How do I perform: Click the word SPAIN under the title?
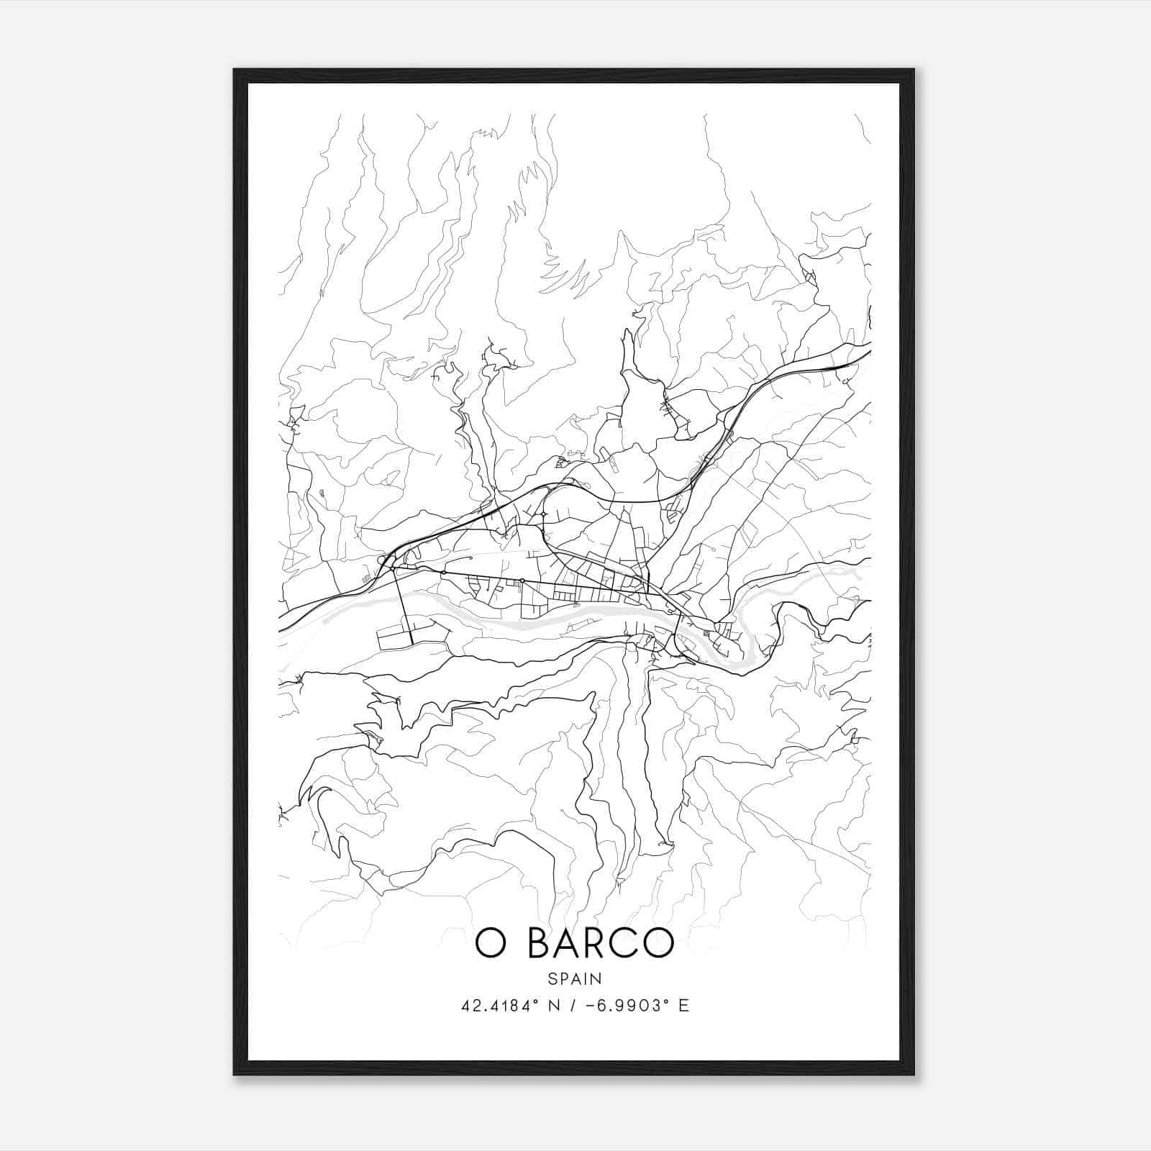pos(574,979)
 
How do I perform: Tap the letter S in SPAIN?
pos(552,979)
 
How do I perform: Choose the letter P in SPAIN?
pos(563,979)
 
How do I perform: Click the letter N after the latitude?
pos(553,1006)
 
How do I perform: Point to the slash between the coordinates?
pos(573,1006)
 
